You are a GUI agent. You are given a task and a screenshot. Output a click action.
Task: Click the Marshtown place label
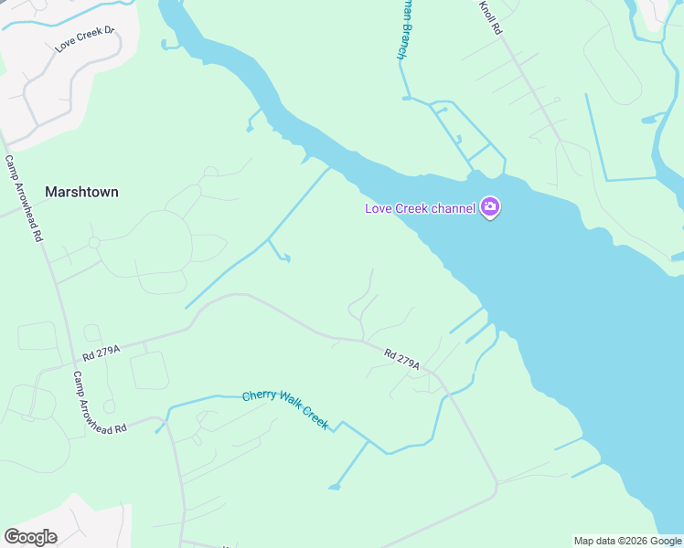(x=81, y=192)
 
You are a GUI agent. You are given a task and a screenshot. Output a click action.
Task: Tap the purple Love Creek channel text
(x=420, y=208)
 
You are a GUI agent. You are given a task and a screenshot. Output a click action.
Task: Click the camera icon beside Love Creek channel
(x=490, y=207)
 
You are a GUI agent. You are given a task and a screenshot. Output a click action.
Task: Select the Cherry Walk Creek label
(x=284, y=408)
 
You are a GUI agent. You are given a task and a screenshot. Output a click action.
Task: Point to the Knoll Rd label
(x=491, y=17)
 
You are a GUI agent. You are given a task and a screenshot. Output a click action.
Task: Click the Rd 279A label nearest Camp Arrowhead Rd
(x=101, y=350)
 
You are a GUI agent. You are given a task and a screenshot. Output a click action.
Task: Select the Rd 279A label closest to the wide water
(x=401, y=359)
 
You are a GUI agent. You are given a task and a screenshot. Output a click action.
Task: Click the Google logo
(x=30, y=537)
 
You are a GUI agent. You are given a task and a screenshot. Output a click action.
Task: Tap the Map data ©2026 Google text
(x=627, y=541)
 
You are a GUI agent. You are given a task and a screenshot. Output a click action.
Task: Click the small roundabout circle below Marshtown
(x=93, y=242)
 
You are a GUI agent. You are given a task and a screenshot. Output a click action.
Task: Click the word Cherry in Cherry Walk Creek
(x=257, y=397)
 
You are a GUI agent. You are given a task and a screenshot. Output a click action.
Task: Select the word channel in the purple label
(x=454, y=208)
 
